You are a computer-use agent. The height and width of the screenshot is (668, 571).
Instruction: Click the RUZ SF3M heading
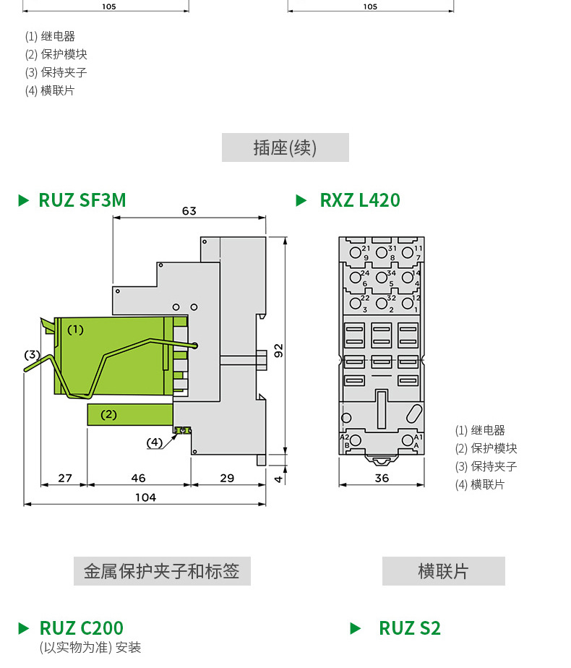coord(82,200)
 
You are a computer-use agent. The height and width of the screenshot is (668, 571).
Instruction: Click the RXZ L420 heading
coord(360,200)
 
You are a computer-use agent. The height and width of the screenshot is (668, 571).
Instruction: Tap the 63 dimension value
coord(189,211)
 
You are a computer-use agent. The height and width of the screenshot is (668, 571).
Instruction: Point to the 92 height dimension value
coord(278,351)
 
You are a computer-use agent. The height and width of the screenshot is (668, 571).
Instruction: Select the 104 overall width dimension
coord(145,497)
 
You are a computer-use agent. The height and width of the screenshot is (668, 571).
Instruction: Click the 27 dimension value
coord(65,478)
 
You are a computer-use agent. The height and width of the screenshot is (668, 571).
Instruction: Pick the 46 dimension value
coord(138,478)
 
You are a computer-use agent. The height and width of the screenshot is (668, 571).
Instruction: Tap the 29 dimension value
coord(227,478)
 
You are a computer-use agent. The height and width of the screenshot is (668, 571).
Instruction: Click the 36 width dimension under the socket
coord(382,478)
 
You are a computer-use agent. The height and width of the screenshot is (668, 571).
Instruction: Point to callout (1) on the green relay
coord(76,330)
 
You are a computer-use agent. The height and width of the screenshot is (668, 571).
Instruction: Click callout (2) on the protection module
coord(108,414)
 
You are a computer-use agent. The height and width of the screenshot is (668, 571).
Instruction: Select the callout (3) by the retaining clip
coord(32,355)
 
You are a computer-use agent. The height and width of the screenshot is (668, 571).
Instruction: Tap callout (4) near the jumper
coord(155,442)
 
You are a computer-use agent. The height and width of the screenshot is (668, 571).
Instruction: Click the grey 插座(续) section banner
coord(285,147)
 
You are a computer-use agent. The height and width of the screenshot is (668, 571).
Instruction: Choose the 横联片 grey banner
coord(444,571)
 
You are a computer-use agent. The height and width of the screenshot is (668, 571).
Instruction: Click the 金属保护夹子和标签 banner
coord(162,571)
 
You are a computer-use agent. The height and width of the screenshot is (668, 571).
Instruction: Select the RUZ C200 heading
coord(82,628)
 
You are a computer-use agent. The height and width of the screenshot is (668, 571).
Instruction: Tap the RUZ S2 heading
coord(410,628)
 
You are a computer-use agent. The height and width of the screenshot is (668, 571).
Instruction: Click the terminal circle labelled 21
coord(355,252)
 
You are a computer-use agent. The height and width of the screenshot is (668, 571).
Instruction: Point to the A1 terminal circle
coord(408,440)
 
